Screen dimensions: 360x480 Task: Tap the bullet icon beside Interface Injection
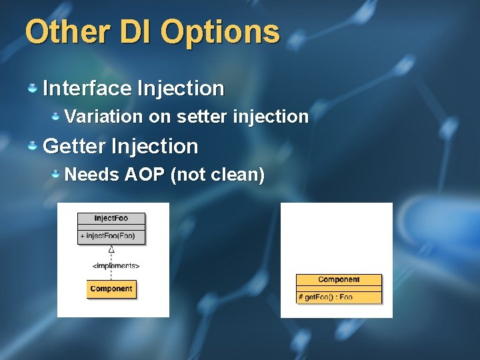click(x=32, y=88)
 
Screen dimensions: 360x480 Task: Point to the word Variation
click(x=103, y=117)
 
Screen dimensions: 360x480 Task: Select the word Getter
click(x=74, y=146)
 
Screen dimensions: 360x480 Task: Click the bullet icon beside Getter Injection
click(x=32, y=146)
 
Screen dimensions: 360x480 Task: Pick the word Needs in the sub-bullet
click(x=91, y=175)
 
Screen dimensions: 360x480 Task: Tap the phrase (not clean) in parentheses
click(x=218, y=175)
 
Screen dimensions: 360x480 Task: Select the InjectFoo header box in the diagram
click(x=111, y=219)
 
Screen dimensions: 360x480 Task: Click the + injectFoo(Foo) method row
click(x=111, y=235)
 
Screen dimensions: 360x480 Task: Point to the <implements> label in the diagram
click(x=116, y=265)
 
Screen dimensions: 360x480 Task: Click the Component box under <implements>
click(x=111, y=289)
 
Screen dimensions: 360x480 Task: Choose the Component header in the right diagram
click(x=339, y=280)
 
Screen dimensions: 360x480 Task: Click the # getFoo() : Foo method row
click(x=339, y=297)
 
